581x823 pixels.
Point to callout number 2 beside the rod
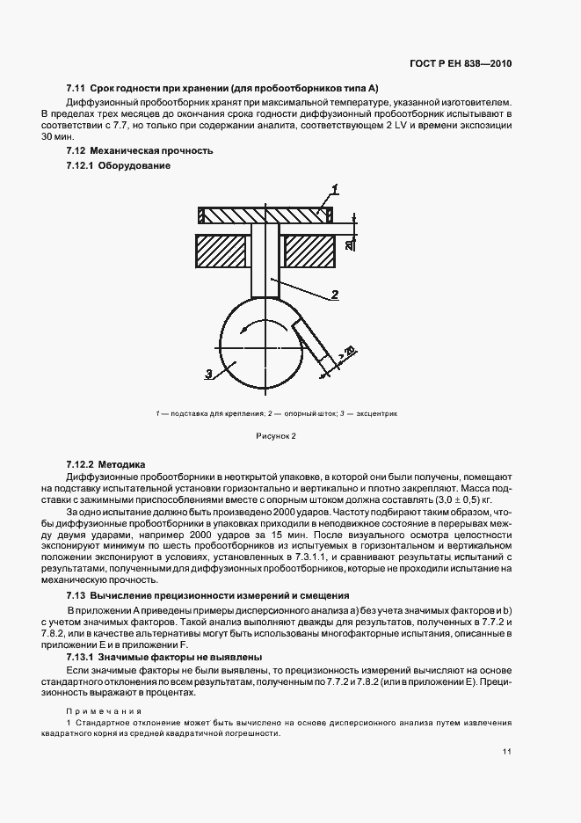point(336,294)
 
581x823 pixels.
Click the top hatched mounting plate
point(265,215)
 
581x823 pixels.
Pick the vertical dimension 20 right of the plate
point(349,244)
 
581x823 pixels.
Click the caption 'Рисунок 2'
point(276,435)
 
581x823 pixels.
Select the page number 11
point(508,752)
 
